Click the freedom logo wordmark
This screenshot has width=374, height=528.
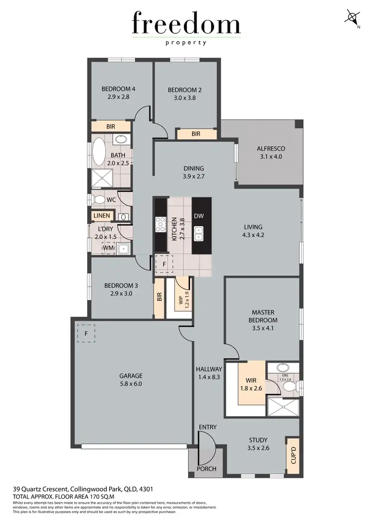click(x=187, y=24)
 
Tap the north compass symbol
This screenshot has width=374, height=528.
click(x=353, y=18)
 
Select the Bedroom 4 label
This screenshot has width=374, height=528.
click(x=119, y=89)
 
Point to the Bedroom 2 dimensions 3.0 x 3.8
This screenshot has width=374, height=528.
click(x=185, y=98)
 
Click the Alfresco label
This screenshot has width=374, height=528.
click(x=270, y=148)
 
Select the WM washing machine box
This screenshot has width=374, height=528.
click(x=108, y=247)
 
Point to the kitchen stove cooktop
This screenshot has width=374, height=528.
click(x=161, y=224)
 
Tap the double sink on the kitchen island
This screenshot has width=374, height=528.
click(x=198, y=233)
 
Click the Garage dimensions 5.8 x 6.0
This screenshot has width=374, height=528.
click(x=131, y=384)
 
